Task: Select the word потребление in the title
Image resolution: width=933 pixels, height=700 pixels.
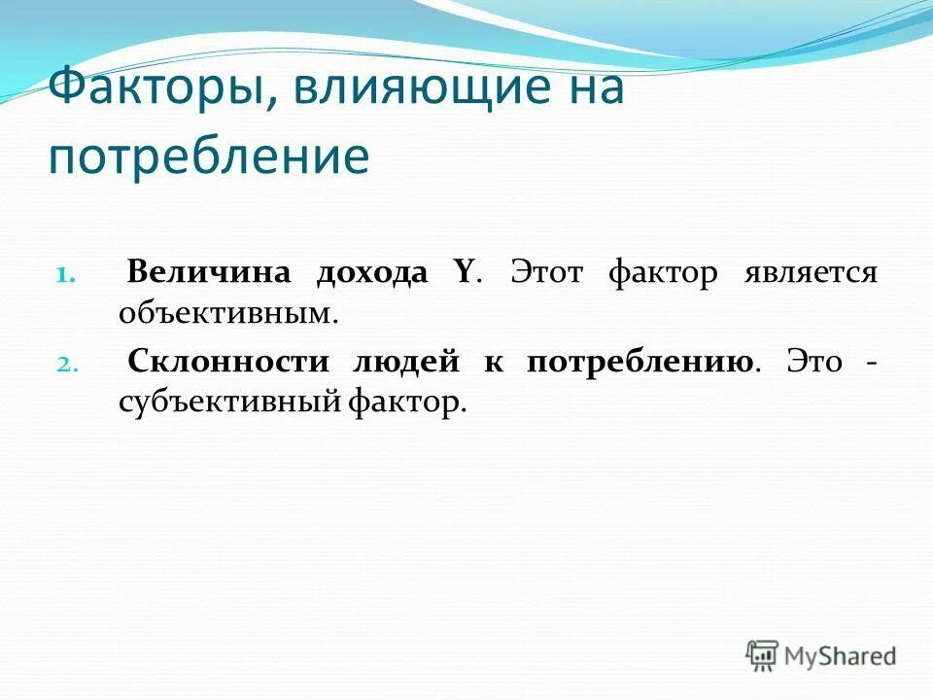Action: [209, 157]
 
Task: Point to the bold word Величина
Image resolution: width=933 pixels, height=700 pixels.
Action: [209, 273]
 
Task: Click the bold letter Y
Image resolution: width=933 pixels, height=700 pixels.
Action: [463, 273]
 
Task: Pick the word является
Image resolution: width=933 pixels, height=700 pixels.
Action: [811, 273]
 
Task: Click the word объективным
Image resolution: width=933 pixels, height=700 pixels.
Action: [228, 314]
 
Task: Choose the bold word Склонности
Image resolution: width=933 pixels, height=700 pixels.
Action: [226, 362]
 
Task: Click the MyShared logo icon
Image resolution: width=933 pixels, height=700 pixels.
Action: [763, 655]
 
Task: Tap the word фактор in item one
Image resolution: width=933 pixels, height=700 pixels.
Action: [663, 273]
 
